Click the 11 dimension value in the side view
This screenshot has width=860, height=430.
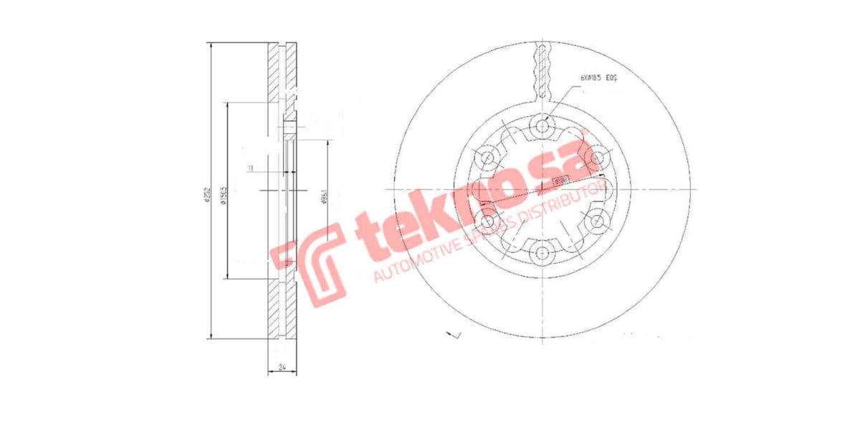pos(250,168)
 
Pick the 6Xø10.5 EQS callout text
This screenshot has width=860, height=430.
pos(597,77)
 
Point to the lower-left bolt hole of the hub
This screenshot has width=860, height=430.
pos(489,220)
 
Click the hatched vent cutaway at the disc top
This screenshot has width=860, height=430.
pos(543,72)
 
